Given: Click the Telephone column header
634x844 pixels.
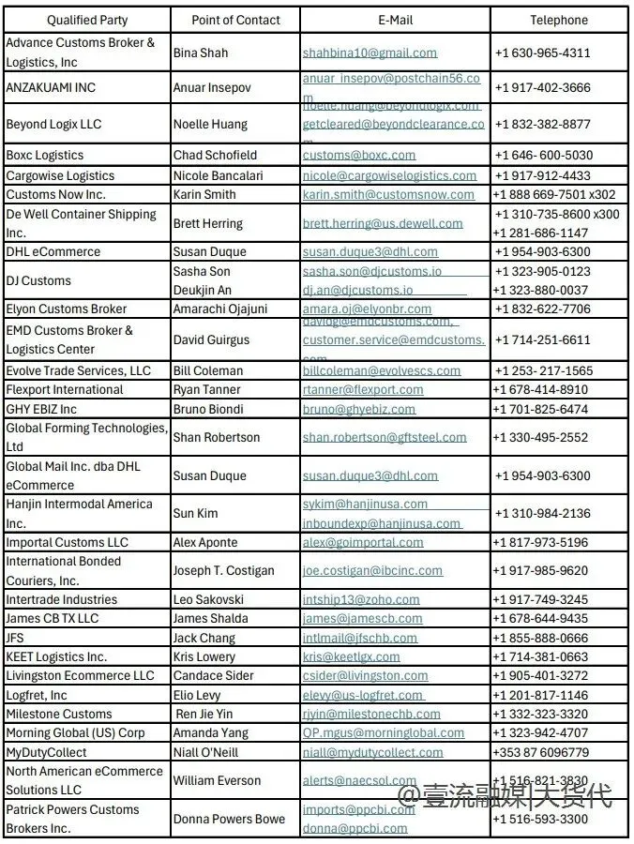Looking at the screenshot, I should pyautogui.click(x=559, y=20).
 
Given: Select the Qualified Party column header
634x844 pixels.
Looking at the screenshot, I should pyautogui.click(x=87, y=20).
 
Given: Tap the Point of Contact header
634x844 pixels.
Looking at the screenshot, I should pyautogui.click(x=235, y=20).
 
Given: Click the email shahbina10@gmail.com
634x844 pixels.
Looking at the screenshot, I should pyautogui.click(x=370, y=53).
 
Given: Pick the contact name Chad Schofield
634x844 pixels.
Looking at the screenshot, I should pyautogui.click(x=215, y=155).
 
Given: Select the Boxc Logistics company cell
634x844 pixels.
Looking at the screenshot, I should pyautogui.click(x=45, y=155).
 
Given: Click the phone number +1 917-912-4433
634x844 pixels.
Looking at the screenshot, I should pyautogui.click(x=543, y=175).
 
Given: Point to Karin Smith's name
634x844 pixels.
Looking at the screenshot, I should pyautogui.click(x=204, y=194).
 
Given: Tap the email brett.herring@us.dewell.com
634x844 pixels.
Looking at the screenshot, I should pyautogui.click(x=383, y=223).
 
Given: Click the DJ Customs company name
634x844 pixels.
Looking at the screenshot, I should pyautogui.click(x=38, y=280).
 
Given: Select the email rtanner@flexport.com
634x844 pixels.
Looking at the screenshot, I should pyautogui.click(x=363, y=389).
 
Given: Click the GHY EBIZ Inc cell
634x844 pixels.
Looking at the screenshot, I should pyautogui.click(x=42, y=409).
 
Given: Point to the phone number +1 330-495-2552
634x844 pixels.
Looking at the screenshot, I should pyautogui.click(x=542, y=437).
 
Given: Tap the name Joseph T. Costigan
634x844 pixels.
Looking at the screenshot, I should pyautogui.click(x=224, y=570).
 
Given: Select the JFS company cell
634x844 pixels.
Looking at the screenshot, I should pyautogui.click(x=15, y=638).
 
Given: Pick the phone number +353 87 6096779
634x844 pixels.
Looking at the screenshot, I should pyautogui.click(x=541, y=752).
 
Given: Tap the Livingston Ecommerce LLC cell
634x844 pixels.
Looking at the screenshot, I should pyautogui.click(x=81, y=675).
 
